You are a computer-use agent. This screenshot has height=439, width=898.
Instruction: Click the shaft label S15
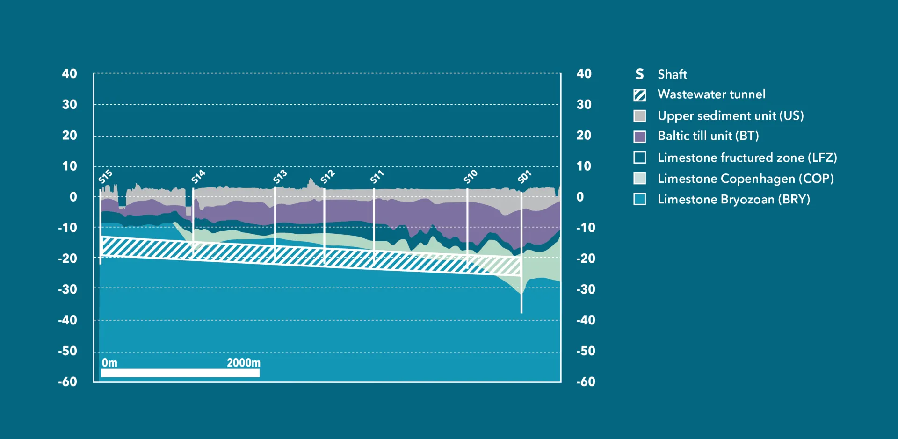point(105,177)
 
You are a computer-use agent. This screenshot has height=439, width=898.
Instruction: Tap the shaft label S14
point(198,177)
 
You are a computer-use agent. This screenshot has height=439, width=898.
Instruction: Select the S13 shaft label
point(280,177)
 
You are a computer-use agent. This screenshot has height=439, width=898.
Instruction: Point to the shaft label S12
point(327,177)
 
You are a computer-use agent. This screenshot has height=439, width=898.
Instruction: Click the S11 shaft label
point(377,177)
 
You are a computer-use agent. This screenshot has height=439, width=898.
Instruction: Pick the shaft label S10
point(471,177)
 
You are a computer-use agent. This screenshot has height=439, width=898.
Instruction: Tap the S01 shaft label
point(524,177)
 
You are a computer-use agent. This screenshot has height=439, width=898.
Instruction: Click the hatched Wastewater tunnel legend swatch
point(639,95)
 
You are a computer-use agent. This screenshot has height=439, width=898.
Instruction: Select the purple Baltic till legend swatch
point(639,137)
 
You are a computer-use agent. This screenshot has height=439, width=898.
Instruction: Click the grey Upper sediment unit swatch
point(639,116)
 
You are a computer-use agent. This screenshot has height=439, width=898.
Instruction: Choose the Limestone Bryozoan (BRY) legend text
point(733,199)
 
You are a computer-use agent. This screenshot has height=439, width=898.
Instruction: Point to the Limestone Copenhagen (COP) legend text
point(746,179)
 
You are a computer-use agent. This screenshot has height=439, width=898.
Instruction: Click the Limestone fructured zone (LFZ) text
point(747,158)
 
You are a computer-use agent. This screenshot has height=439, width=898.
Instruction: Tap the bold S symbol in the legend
point(639,74)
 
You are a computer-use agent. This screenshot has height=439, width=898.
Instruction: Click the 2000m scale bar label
point(243,363)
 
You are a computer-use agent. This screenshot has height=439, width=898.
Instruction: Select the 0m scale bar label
point(109,363)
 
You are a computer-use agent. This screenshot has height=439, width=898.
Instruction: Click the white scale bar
point(180,373)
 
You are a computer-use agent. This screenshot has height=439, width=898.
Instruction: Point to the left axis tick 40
point(69,73)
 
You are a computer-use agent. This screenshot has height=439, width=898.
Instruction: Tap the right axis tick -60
point(586,381)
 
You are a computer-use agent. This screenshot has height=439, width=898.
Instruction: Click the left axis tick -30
point(67,289)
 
